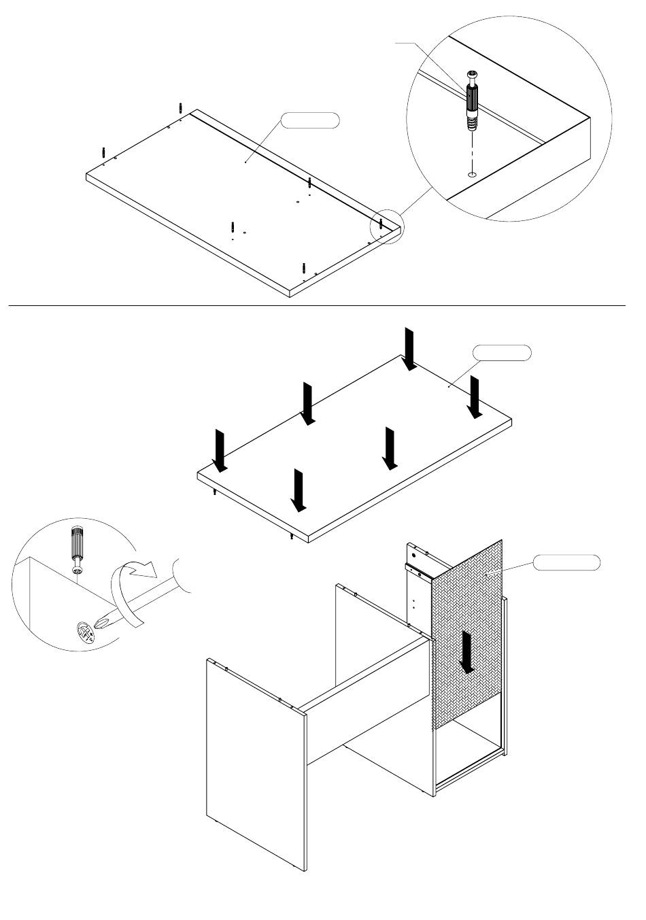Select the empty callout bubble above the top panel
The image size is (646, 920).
311,121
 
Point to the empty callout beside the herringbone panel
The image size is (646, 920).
566,562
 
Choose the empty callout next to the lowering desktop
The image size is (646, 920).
502,353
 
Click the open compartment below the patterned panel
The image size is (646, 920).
469,751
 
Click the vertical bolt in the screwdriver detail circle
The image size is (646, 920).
77,548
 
